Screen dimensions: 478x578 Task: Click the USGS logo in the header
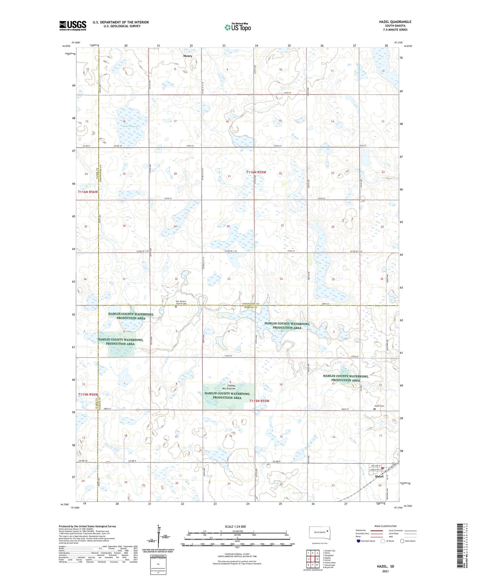coord(73,25)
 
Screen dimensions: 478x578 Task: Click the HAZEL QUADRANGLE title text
coord(395,22)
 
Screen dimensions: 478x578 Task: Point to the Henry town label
coord(188,56)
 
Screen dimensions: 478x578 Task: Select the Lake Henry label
coord(131,126)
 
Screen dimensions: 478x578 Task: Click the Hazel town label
coord(379,476)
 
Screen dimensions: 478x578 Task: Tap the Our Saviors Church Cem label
coord(181,302)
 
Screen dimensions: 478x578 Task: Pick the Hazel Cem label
coord(379,406)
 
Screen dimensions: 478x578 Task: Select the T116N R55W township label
coord(256,172)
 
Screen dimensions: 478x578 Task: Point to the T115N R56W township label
coord(88,394)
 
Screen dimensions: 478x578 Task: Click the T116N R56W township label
coord(88,192)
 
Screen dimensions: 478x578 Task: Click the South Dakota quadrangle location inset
coord(319,533)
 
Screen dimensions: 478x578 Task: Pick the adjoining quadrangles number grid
coord(313,559)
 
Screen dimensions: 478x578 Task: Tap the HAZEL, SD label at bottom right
coord(385,566)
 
